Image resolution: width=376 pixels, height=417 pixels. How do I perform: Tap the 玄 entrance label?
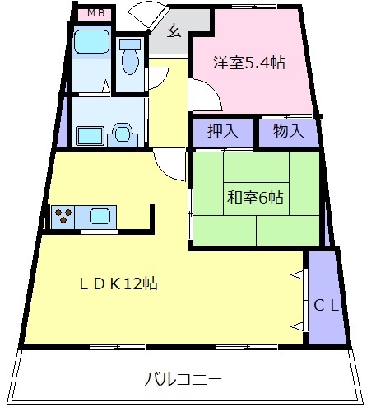pos(174,32)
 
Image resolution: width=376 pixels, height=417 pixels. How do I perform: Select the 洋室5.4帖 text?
pos(249,62)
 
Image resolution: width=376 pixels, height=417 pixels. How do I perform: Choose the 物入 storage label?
pos(288,130)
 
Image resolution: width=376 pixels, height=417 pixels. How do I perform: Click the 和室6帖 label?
pos(255,197)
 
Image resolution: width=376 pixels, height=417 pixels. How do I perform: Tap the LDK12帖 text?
pos(119,283)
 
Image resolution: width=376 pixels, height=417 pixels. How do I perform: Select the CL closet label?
pos(327,304)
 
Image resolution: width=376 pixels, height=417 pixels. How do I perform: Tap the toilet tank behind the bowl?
pos(129,43)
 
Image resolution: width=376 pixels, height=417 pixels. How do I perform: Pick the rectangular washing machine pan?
pos(90,134)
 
